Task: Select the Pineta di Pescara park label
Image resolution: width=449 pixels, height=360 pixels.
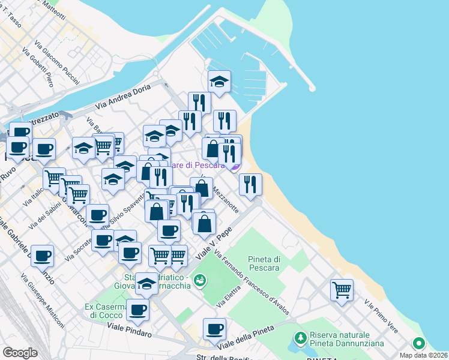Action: [264, 263]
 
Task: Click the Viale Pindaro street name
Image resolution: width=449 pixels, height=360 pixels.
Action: [129, 328]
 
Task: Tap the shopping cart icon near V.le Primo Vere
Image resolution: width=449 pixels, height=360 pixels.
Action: [342, 290]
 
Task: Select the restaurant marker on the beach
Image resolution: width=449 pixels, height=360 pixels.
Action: [250, 184]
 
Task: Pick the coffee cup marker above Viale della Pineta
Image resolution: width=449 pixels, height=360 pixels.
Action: [214, 328]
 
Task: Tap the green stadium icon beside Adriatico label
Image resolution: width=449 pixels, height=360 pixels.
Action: [200, 280]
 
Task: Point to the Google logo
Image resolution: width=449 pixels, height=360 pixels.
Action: [20, 352]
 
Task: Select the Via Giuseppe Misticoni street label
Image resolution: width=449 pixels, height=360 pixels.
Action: [43, 301]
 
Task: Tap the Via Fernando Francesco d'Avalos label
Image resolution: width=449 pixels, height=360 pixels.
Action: [253, 283]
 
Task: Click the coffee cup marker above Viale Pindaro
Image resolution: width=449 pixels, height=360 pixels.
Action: [137, 310]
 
